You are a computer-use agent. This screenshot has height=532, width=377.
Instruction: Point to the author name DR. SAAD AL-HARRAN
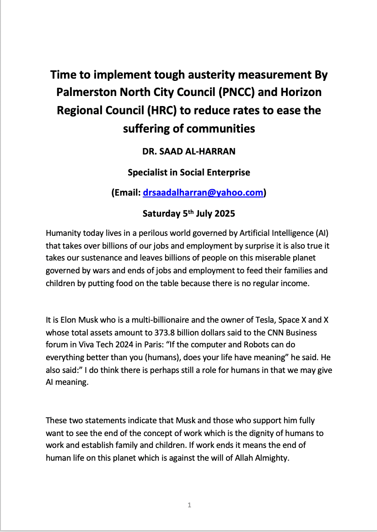pyautogui.click(x=188, y=152)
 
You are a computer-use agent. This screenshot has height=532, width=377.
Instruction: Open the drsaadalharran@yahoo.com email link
pyautogui.click(x=203, y=193)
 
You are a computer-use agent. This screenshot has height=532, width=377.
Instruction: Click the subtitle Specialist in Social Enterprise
pyautogui.click(x=188, y=172)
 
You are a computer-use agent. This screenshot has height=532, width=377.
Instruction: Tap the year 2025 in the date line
pyautogui.click(x=224, y=213)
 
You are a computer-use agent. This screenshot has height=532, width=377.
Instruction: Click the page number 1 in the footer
pyautogui.click(x=189, y=505)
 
